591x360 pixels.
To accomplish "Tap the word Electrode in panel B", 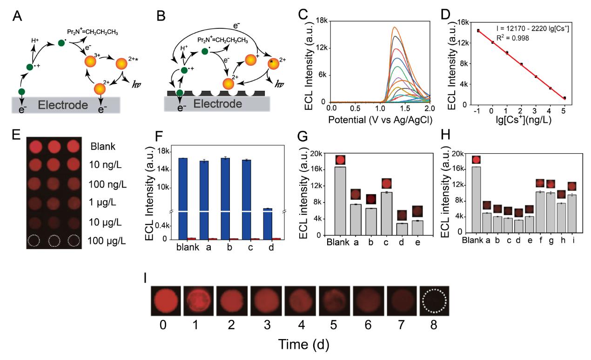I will (219, 104).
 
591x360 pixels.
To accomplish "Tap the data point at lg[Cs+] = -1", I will (478, 31).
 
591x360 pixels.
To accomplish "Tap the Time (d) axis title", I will (305, 345).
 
